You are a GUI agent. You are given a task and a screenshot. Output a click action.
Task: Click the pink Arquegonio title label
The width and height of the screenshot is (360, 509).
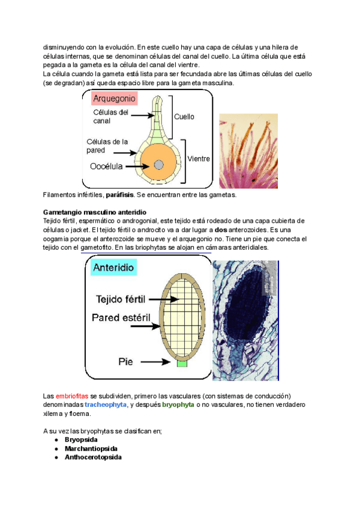pyautogui.click(x=115, y=98)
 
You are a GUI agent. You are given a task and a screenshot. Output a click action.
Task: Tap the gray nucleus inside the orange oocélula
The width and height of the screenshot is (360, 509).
pyautogui.click(x=158, y=164)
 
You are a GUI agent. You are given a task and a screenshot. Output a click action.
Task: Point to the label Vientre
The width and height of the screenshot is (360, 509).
pyautogui.click(x=199, y=159)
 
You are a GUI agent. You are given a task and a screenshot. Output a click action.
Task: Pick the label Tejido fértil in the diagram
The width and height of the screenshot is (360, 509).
pyautogui.click(x=122, y=298)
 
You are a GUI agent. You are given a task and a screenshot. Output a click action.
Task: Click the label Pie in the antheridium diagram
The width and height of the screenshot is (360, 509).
pyautogui.click(x=126, y=362)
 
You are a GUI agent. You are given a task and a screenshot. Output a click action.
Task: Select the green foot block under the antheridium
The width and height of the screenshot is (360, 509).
pyautogui.click(x=182, y=363)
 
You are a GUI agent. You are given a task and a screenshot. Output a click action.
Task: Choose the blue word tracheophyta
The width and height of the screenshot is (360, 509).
pyautogui.click(x=106, y=405)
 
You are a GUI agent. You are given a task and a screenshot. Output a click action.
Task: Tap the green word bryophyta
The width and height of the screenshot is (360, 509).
pyautogui.click(x=178, y=405)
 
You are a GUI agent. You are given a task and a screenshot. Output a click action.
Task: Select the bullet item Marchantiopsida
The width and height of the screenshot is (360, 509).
pyautogui.click(x=91, y=448)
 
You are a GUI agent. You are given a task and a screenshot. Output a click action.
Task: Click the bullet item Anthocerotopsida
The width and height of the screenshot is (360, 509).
pyautogui.click(x=93, y=457)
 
